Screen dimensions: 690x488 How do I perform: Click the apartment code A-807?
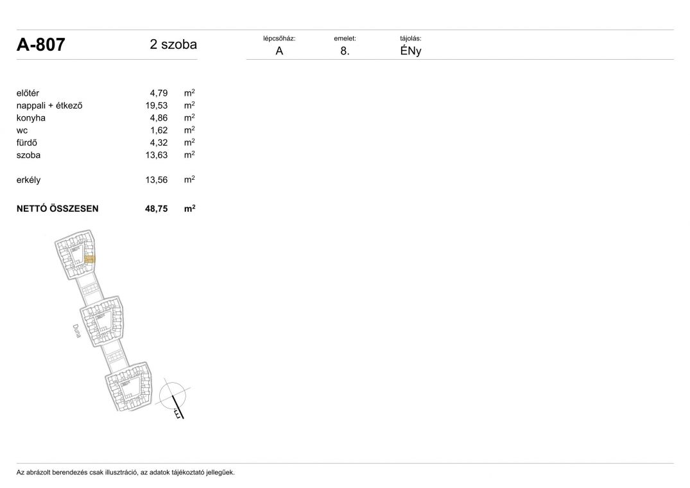pyautogui.click(x=41, y=44)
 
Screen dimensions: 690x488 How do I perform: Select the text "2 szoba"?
pyautogui.click(x=173, y=44)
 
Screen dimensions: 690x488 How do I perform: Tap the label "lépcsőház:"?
pyautogui.click(x=279, y=39)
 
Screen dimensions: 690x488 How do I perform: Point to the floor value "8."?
pyautogui.click(x=345, y=51)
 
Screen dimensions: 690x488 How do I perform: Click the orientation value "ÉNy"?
pyautogui.click(x=411, y=51)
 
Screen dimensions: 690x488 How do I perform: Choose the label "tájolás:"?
pyautogui.click(x=411, y=39)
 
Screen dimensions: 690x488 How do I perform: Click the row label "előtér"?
pyautogui.click(x=28, y=93)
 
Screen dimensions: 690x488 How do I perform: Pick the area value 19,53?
pyautogui.click(x=157, y=105)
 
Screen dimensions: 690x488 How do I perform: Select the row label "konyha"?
pyautogui.click(x=31, y=118)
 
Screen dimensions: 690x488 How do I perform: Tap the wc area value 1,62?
pyautogui.click(x=159, y=130)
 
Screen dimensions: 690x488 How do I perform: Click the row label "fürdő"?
pyautogui.click(x=27, y=143)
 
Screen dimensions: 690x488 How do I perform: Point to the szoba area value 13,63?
pyautogui.click(x=157, y=155)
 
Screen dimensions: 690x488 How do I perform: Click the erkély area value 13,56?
pyautogui.click(x=157, y=180)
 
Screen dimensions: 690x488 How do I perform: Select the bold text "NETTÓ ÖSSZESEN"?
pyautogui.click(x=58, y=209)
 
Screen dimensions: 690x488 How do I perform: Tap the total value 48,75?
pyautogui.click(x=157, y=209)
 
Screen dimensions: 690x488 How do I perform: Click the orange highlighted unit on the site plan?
pyautogui.click(x=89, y=259)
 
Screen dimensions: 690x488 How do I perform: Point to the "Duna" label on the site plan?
pyautogui.click(x=76, y=331)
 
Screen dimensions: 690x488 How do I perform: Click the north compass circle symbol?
pyautogui.click(x=173, y=395)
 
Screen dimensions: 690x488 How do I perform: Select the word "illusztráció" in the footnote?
pyautogui.click(x=121, y=473)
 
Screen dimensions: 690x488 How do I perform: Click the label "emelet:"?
pyautogui.click(x=345, y=39)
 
